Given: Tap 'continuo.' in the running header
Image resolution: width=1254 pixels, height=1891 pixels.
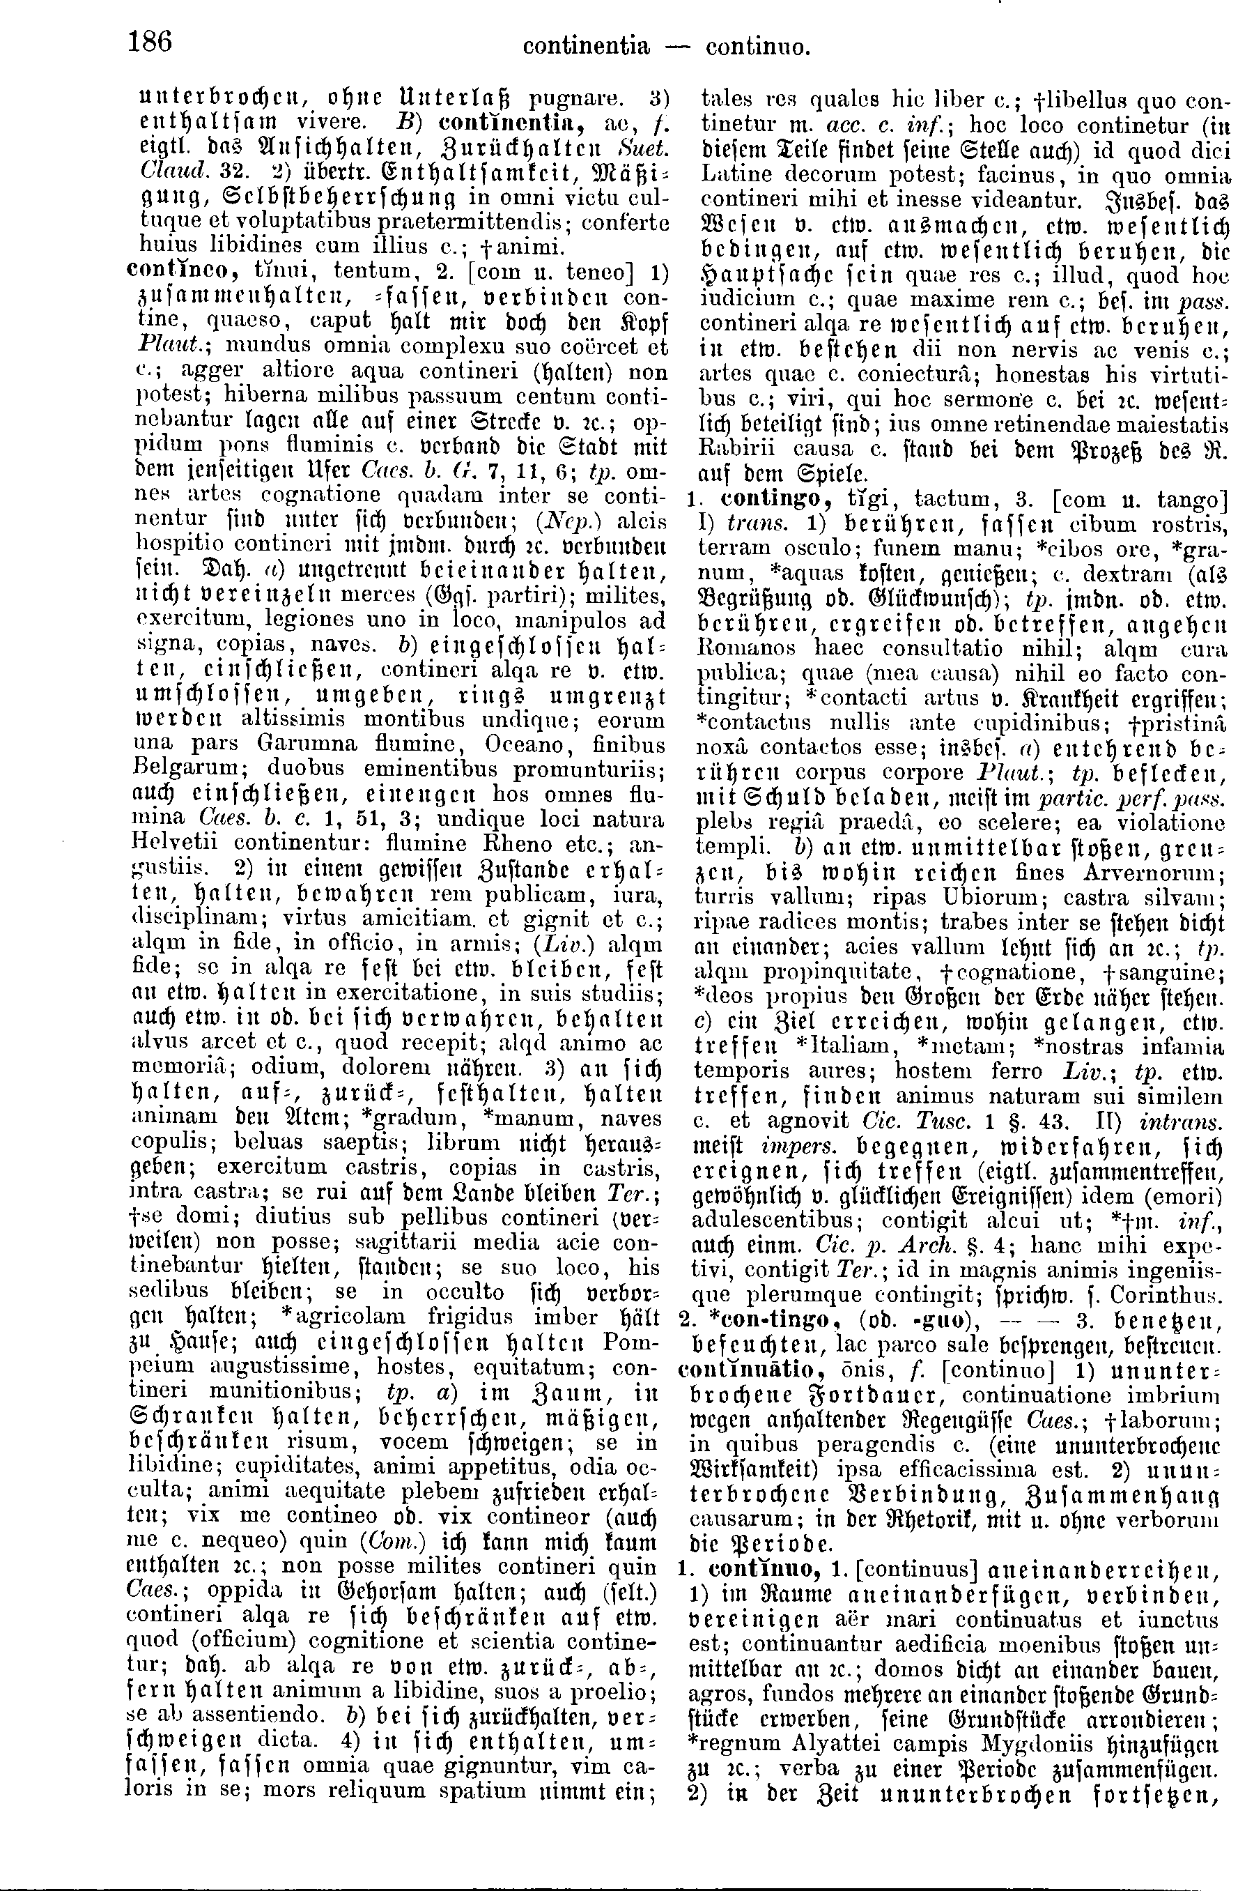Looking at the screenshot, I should pos(758,47).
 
